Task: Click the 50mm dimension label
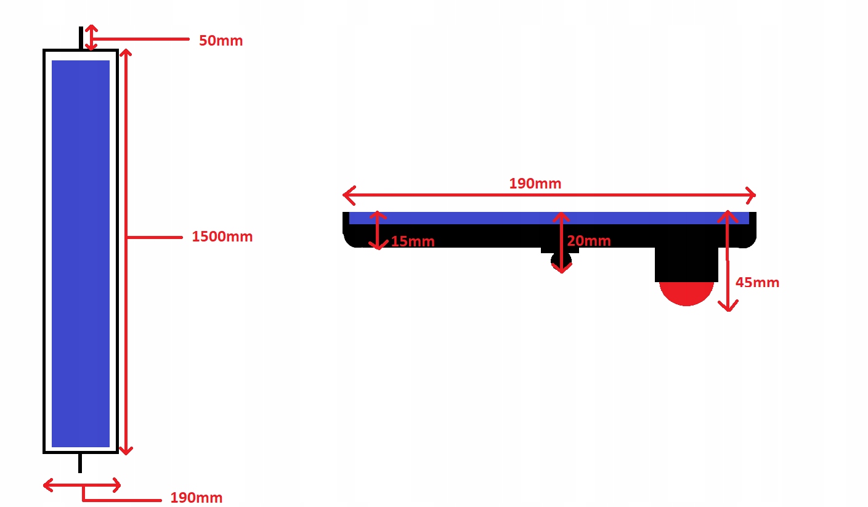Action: click(x=221, y=41)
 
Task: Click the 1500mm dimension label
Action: click(x=222, y=237)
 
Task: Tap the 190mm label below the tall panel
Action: click(x=196, y=498)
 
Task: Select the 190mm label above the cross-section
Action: click(x=535, y=184)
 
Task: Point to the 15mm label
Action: click(x=413, y=241)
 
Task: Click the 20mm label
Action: click(x=588, y=241)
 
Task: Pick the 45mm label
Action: click(x=757, y=283)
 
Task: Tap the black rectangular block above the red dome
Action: click(x=686, y=264)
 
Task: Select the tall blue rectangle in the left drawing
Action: click(x=81, y=253)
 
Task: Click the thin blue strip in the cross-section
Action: click(x=468, y=218)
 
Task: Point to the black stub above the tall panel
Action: click(x=81, y=38)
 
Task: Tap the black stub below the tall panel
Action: click(x=80, y=463)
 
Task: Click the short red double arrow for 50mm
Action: click(x=91, y=38)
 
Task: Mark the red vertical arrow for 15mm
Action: click(x=378, y=230)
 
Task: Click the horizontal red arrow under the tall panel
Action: click(x=82, y=485)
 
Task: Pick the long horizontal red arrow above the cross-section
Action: click(x=548, y=196)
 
